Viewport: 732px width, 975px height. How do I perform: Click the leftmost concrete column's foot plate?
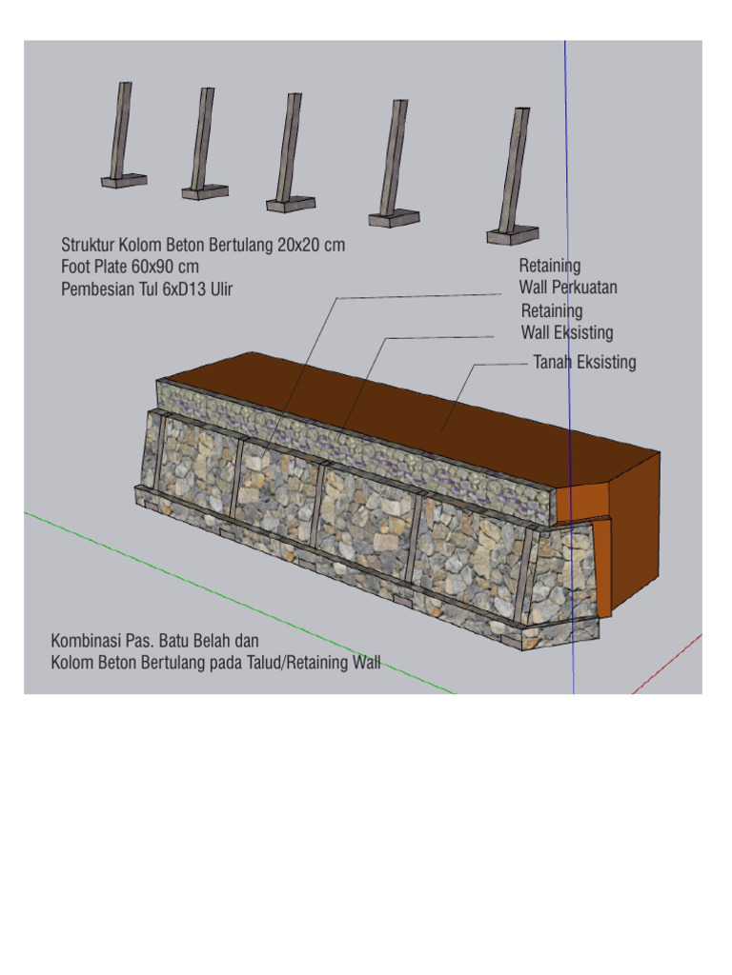click(x=124, y=180)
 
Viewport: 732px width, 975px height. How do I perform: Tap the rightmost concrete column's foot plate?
click(x=513, y=233)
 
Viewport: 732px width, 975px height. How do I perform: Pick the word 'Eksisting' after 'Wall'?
click(x=583, y=332)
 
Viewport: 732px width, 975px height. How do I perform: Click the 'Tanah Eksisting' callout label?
click(x=583, y=362)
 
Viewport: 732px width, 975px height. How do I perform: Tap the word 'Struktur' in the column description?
click(x=88, y=246)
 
